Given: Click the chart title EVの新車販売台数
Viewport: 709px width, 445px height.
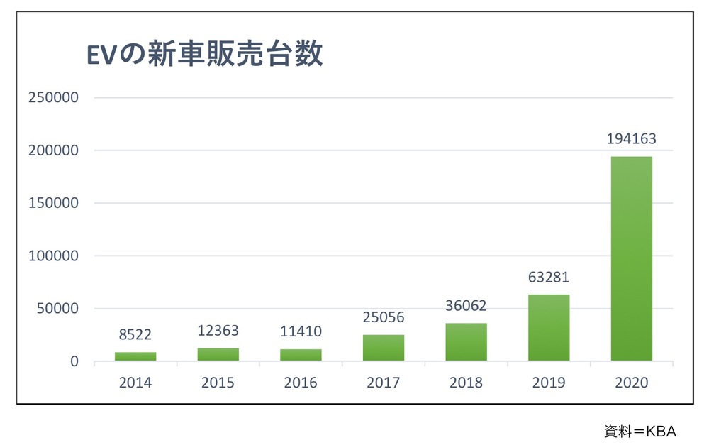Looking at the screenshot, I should (x=204, y=55).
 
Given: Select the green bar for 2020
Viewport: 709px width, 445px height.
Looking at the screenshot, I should (x=631, y=258).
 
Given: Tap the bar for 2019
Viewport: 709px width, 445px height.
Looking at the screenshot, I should (x=549, y=327).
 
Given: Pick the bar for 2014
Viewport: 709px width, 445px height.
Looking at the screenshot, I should (x=135, y=356).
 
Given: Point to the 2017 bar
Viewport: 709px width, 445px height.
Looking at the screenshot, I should (x=384, y=347).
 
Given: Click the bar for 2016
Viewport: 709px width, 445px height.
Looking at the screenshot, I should (x=301, y=354).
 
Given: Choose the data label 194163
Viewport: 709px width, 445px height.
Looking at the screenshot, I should (x=631, y=139).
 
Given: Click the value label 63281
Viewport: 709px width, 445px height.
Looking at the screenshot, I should (x=548, y=278).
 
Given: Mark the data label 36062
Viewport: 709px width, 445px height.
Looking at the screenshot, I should (x=466, y=306).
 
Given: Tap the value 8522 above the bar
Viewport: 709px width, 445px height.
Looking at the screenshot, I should (x=135, y=334).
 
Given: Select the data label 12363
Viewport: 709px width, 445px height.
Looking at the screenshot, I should (x=218, y=331).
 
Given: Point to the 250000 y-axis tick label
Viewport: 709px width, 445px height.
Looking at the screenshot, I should (x=52, y=98).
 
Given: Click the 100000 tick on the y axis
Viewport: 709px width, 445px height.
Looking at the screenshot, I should (x=52, y=256).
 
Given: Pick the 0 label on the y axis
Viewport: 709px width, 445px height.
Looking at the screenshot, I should (x=74, y=361).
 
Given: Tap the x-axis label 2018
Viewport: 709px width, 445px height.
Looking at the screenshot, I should (x=466, y=383).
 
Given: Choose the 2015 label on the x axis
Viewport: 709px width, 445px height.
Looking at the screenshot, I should (x=218, y=383).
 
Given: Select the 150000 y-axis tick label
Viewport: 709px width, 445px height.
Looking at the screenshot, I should (x=52, y=203).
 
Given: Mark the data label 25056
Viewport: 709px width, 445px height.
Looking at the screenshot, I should (x=384, y=317).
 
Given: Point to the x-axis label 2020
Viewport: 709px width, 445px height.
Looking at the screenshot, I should (x=631, y=383).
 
